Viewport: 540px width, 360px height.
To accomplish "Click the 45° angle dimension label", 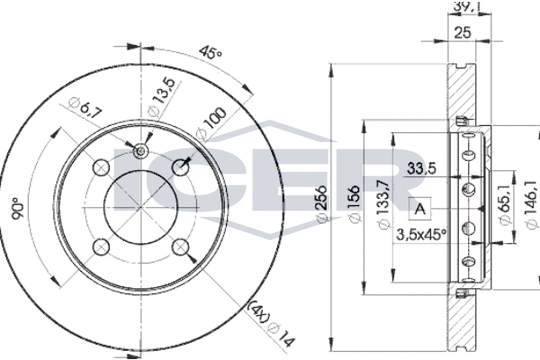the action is (211, 52).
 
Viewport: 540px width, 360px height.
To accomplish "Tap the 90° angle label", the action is (18, 209).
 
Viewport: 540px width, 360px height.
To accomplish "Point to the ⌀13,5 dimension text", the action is (161, 97).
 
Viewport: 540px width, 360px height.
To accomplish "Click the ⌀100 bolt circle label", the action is (211, 122).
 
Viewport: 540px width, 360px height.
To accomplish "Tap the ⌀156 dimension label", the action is (355, 204).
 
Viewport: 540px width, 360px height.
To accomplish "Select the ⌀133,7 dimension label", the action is (383, 204).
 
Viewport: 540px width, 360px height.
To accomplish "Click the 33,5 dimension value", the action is (421, 168).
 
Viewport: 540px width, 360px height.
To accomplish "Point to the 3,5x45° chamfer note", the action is (421, 235).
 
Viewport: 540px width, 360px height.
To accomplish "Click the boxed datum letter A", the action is (419, 209).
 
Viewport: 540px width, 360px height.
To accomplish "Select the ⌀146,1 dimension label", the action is (532, 204).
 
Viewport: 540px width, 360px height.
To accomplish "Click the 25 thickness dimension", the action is (463, 32).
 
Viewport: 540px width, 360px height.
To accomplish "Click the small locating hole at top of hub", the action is (140, 151).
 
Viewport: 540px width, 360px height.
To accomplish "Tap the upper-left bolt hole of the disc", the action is (101, 167).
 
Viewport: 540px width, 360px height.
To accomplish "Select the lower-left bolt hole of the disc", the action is (101, 247).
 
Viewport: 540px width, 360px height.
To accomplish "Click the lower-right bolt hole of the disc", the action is (181, 247).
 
